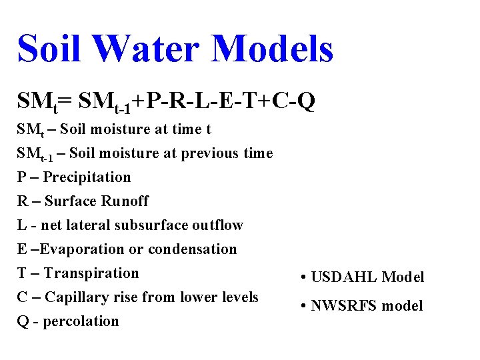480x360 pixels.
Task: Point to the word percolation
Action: click(82, 321)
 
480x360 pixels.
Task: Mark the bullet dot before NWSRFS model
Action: click(303, 306)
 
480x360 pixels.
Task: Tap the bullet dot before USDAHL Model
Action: click(303, 277)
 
